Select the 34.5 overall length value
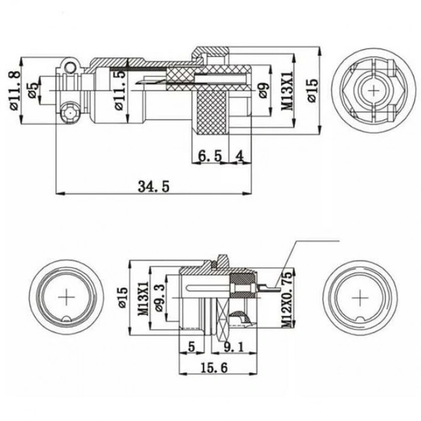pos(153,186)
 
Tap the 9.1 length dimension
pos(233,346)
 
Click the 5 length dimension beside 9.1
pos(191,346)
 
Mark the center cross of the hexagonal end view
pos(376,90)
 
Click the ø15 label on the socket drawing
pos(122,297)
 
